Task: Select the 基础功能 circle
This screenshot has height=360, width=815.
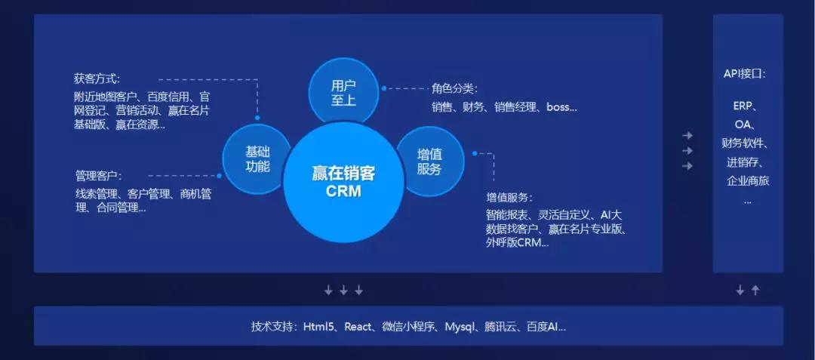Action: (x=257, y=158)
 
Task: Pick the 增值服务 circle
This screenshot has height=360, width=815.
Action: (x=430, y=162)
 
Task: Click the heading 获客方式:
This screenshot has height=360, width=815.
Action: (x=97, y=79)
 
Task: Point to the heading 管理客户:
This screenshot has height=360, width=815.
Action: (x=98, y=176)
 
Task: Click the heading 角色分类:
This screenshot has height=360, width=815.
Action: (x=454, y=89)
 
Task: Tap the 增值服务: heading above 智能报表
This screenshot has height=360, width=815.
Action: (x=509, y=198)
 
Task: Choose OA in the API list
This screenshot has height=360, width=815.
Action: (x=744, y=125)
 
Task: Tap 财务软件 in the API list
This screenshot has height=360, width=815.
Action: (x=742, y=143)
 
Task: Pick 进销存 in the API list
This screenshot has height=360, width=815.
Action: (x=742, y=162)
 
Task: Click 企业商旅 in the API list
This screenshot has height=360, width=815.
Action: (x=748, y=181)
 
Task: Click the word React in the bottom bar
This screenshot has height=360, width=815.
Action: (x=358, y=327)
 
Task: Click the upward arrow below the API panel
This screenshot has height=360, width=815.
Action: (x=755, y=291)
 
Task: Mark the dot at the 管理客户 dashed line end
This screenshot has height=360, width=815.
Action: (x=220, y=176)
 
